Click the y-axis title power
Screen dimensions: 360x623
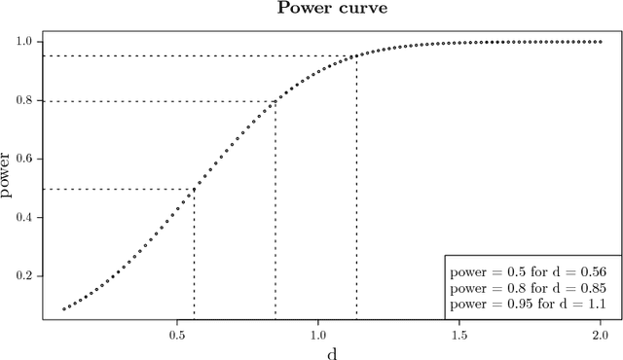9,176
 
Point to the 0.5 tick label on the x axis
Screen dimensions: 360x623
177,332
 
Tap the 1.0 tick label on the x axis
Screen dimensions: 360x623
318,332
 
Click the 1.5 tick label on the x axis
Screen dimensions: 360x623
459,332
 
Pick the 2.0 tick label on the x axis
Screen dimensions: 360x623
601,332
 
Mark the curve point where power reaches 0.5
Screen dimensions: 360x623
194,189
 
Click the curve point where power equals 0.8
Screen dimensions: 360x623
275,101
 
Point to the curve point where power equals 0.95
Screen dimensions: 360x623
356,56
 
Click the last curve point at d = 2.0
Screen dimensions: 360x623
601,42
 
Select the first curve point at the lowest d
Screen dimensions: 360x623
64,309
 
